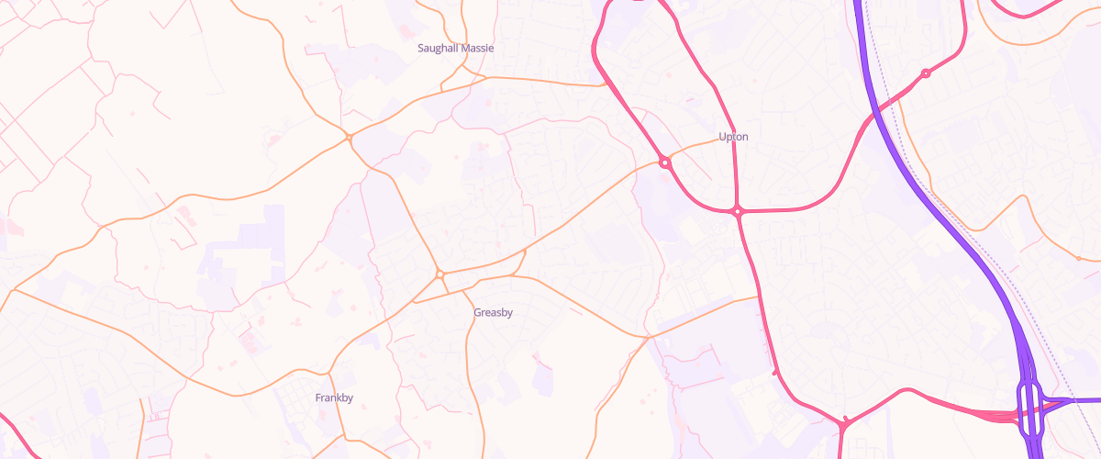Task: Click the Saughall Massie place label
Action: coord(455,48)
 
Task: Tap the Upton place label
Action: coord(733,137)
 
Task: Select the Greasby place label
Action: coord(493,312)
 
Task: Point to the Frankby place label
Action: coord(334,397)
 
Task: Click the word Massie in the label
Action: coord(477,48)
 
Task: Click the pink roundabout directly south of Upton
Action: coord(738,212)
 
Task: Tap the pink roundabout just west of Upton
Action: coord(664,163)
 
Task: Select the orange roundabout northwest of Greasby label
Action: coord(440,274)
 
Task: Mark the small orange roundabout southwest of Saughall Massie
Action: coord(350,138)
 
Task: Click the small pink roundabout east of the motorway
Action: coord(926,73)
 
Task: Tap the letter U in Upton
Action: coord(722,137)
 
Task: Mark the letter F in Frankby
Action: coord(317,397)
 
